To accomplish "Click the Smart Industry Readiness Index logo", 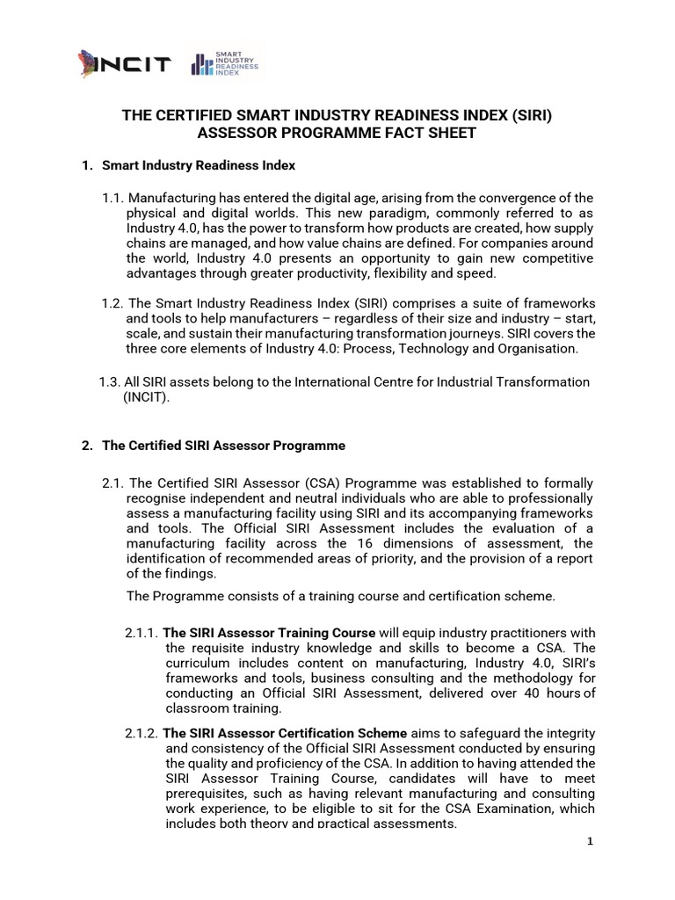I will [x=225, y=67].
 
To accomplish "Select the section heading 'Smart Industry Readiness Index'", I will [x=199, y=165].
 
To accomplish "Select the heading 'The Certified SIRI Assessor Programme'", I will [x=223, y=446].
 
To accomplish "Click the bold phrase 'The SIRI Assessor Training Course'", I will [x=270, y=633].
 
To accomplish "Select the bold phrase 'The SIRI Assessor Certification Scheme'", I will [x=286, y=733].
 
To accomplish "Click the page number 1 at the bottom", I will [x=591, y=841].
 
